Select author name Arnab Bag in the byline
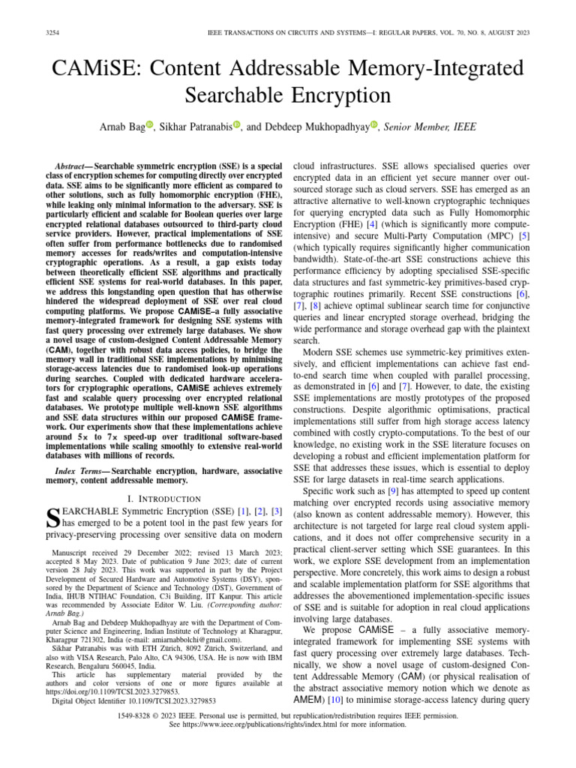122,128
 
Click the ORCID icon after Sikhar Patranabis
238,127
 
